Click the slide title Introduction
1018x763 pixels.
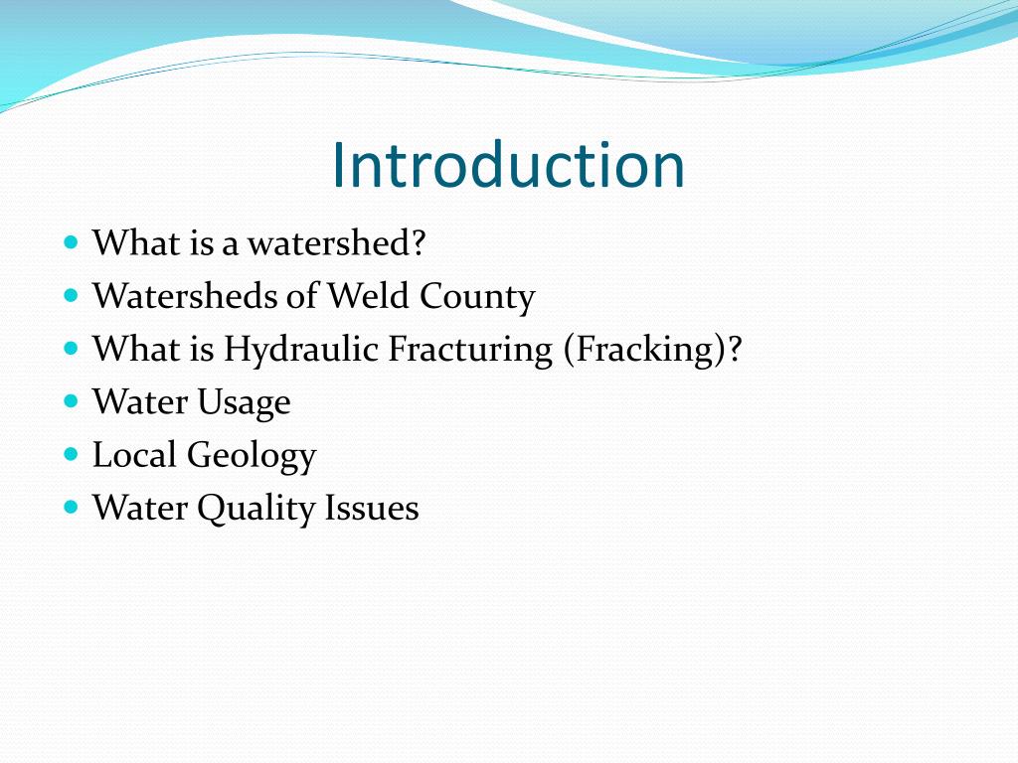point(508,165)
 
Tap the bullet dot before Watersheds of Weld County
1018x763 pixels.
point(70,295)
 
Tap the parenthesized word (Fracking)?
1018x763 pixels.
point(652,349)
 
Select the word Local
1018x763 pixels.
point(135,455)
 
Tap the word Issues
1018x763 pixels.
point(372,509)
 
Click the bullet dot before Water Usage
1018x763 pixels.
point(70,401)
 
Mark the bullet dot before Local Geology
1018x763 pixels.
point(70,454)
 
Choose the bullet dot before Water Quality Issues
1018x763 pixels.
point(70,507)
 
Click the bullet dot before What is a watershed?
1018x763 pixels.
point(70,242)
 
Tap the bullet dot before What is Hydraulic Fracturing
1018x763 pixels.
point(70,348)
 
